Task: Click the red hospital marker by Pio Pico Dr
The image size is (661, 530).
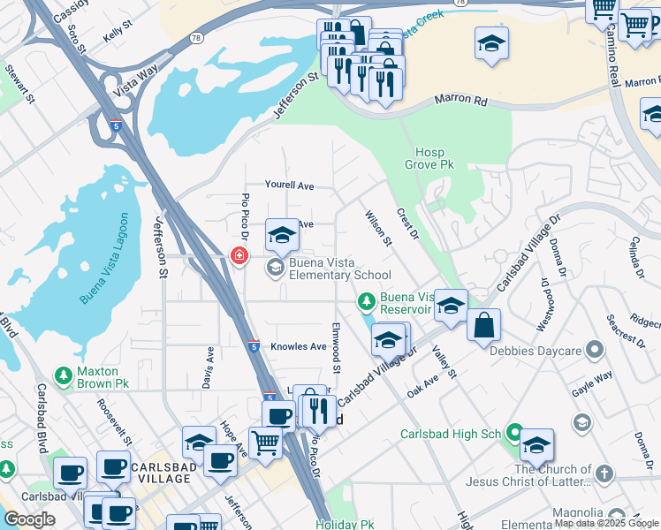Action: pyautogui.click(x=239, y=256)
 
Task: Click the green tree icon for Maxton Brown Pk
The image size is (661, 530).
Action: pyautogui.click(x=63, y=376)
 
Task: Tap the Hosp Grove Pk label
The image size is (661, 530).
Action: pyautogui.click(x=429, y=158)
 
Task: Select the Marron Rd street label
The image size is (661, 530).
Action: pyautogui.click(x=461, y=102)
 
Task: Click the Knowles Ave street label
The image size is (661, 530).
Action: pyautogui.click(x=299, y=346)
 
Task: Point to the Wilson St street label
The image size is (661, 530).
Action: pyautogui.click(x=378, y=228)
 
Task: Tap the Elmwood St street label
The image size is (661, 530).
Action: pyautogui.click(x=336, y=346)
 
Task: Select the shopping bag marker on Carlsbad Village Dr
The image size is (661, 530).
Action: pyautogui.click(x=483, y=325)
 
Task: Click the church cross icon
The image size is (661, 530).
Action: pyautogui.click(x=604, y=475)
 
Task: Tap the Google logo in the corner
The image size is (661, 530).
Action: pyautogui.click(x=29, y=519)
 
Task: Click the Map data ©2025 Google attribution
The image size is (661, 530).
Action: pyautogui.click(x=605, y=523)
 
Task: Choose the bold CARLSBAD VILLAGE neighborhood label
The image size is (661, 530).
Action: pyautogui.click(x=160, y=472)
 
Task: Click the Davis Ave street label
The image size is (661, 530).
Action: pyautogui.click(x=209, y=367)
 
